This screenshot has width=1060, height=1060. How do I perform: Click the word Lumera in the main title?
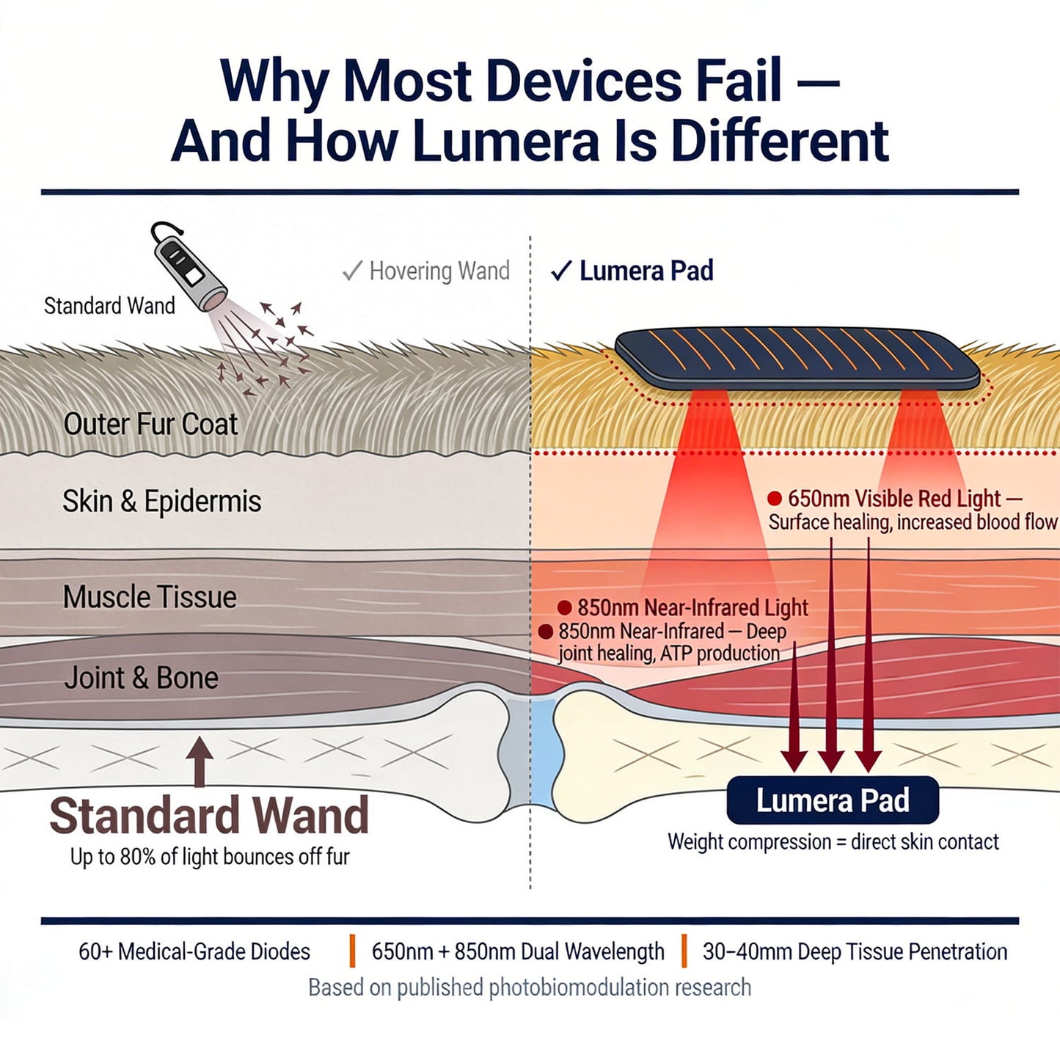[x=505, y=141]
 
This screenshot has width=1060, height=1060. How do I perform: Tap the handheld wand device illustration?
[x=188, y=268]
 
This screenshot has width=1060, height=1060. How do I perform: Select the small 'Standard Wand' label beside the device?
[x=109, y=306]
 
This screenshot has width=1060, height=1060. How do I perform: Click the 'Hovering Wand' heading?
[x=439, y=271]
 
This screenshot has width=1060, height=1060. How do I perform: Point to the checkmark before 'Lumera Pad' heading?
[x=560, y=271]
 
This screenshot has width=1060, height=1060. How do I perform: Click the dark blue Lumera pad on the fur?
[x=796, y=358]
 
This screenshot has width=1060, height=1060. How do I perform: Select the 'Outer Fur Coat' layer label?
[x=150, y=424]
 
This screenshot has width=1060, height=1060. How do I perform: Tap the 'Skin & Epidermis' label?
[x=161, y=502]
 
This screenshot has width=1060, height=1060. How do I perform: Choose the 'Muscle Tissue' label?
[x=150, y=597]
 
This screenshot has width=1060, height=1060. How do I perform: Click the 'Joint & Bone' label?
[x=141, y=678]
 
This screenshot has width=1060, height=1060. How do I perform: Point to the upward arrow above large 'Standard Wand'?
[x=200, y=760]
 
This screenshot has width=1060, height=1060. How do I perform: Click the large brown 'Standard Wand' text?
[x=209, y=816]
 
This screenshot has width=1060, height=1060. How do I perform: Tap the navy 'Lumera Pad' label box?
[x=833, y=800]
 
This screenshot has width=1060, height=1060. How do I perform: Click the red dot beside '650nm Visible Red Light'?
[x=775, y=499]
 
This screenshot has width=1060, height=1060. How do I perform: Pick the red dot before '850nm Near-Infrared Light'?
[x=564, y=607]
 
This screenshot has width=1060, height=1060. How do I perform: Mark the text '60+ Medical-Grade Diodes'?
[x=194, y=951]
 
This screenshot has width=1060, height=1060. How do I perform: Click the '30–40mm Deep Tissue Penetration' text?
[x=855, y=951]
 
